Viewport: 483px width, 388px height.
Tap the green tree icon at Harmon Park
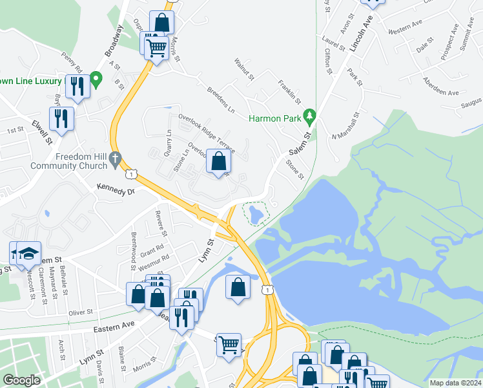pyautogui.click(x=311, y=115)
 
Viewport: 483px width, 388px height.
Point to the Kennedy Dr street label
pyautogui.click(x=115, y=191)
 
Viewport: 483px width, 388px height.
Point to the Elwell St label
pyautogui.click(x=41, y=131)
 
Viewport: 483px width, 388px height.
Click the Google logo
pyautogui.click(x=21, y=380)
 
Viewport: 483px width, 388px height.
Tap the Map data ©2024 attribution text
pyautogui.click(x=455, y=383)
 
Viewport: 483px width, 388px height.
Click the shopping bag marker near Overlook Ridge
pyautogui.click(x=219, y=161)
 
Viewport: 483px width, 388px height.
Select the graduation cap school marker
pyautogui.click(x=28, y=253)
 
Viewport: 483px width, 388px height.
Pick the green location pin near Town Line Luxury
pyautogui.click(x=96, y=80)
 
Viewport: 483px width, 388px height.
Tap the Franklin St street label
pyautogui.click(x=289, y=92)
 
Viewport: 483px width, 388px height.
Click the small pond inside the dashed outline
pyautogui.click(x=255, y=213)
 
